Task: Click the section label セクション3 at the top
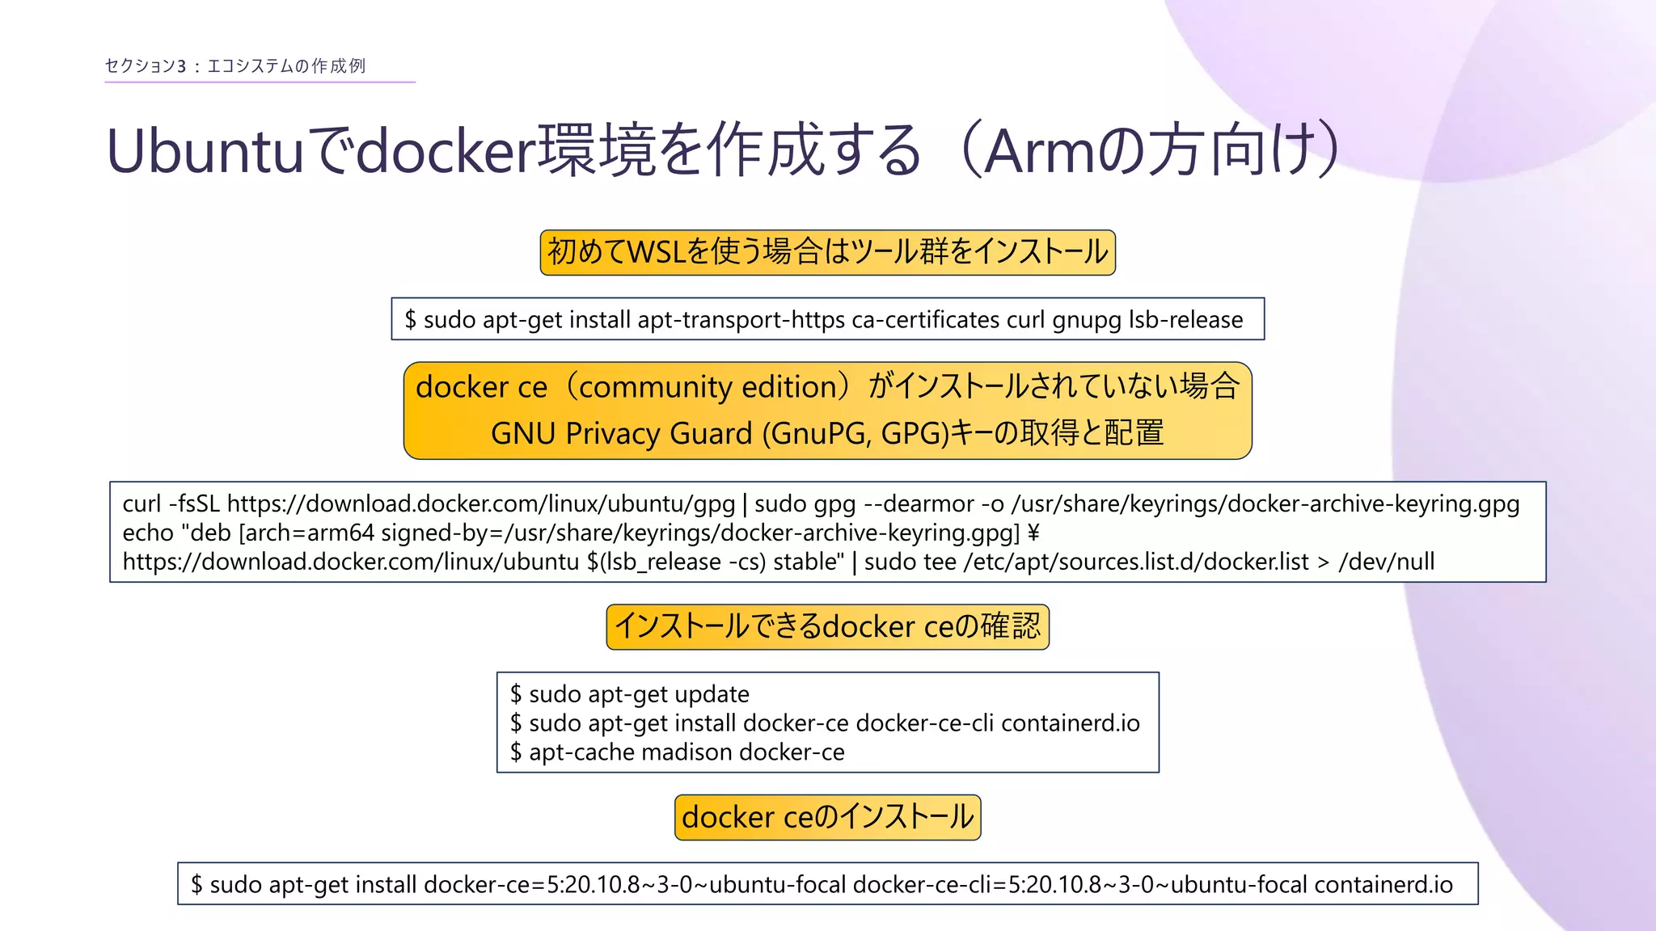[x=146, y=66]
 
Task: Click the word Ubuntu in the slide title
[x=205, y=152]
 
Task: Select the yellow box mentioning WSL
[x=827, y=252]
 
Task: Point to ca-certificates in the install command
[x=925, y=320]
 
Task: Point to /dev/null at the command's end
[x=1386, y=562]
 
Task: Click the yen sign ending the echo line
[x=1033, y=533]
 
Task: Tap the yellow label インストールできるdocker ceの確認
[x=827, y=627]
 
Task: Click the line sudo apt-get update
[x=639, y=694]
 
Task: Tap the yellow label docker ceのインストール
[x=827, y=817]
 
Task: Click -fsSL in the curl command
[x=194, y=504]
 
